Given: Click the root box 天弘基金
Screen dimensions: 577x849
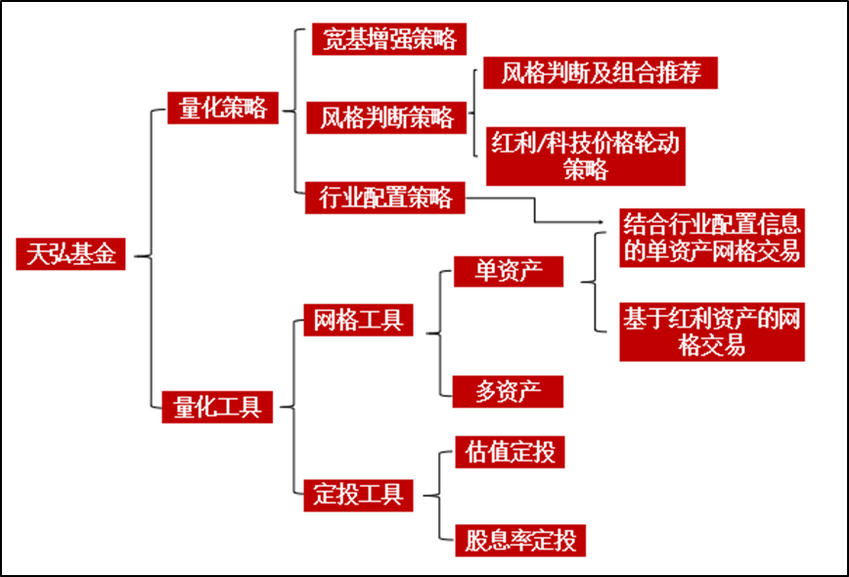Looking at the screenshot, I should coord(70,255).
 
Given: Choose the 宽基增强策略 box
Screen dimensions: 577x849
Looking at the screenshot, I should coord(388,39).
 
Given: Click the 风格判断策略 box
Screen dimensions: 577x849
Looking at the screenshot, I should coord(387,118).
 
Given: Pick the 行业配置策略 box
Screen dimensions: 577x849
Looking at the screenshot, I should coord(385,198).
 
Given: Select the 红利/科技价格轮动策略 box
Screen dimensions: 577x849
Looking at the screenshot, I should coord(585,155).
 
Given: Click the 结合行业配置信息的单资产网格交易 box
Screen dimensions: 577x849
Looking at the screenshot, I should coord(712,236).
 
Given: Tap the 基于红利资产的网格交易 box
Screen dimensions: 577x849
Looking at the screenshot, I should coord(712,332).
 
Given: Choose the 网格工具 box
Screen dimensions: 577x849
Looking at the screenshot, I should coord(357,319).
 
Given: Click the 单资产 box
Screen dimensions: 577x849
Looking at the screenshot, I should coord(509,271).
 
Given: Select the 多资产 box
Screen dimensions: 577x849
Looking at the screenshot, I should coord(508,391).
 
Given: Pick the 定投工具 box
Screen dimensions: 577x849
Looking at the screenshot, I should coord(359,494).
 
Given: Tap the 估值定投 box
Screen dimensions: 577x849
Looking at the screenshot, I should coord(510,453).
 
